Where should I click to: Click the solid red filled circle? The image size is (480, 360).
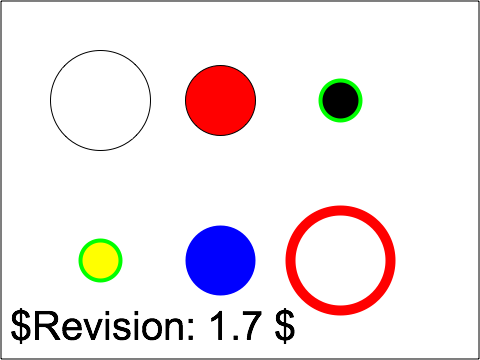tap(220, 100)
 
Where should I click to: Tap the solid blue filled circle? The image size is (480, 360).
tap(220, 260)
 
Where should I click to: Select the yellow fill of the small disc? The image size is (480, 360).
tap(100, 260)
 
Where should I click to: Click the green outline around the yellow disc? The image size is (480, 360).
tap(100, 240)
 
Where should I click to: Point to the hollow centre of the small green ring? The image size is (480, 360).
tap(340, 100)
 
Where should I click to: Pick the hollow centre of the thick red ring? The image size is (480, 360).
tap(340, 260)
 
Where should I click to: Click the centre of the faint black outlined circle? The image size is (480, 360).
tap(100, 100)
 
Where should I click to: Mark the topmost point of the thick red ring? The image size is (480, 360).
tap(340, 210)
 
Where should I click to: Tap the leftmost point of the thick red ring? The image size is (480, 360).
tap(290, 260)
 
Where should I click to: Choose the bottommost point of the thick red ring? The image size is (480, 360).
tap(340, 310)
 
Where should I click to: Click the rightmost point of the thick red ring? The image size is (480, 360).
tap(390, 260)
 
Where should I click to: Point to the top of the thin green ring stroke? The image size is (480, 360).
tap(340, 80)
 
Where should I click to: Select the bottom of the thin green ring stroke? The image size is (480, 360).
tap(340, 121)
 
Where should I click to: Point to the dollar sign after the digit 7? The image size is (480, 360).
tap(282, 326)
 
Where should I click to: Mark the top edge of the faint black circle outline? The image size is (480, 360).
tap(100, 52)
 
